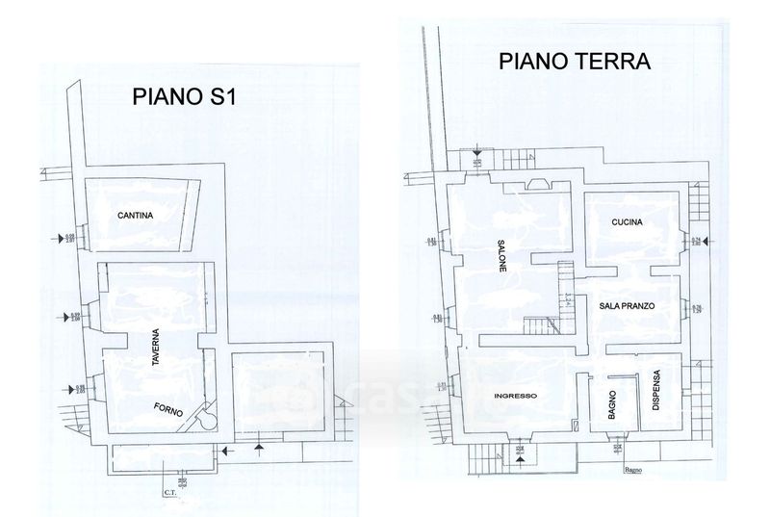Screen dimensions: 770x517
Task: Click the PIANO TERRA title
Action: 575,62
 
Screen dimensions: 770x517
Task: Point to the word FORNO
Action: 169,409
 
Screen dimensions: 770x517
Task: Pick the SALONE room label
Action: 501,255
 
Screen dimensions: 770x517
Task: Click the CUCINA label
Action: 627,223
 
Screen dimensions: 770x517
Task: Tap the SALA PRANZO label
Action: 627,305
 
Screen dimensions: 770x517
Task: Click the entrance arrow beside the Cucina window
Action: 706,241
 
